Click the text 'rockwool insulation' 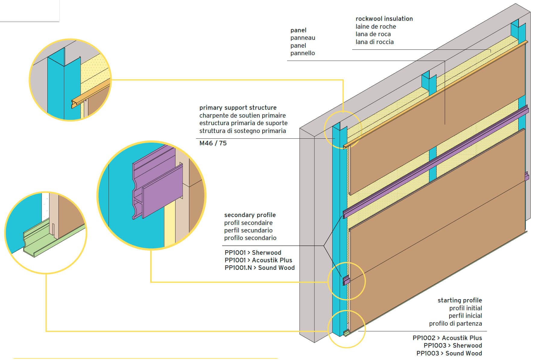coord(384,19)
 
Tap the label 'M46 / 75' coord(213,143)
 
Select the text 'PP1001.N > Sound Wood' coord(259,268)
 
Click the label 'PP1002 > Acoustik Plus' coord(447,338)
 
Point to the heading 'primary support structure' coord(238,108)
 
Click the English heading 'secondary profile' coord(250,215)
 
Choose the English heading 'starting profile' coord(459,300)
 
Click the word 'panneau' coord(303,38)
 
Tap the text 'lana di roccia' coord(374,42)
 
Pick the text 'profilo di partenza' coord(455,324)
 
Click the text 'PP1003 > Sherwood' coord(453,346)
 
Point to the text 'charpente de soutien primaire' coord(242,115)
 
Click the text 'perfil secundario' coord(248,230)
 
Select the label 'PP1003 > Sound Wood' coord(449,353)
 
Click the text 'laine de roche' coord(376,27)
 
